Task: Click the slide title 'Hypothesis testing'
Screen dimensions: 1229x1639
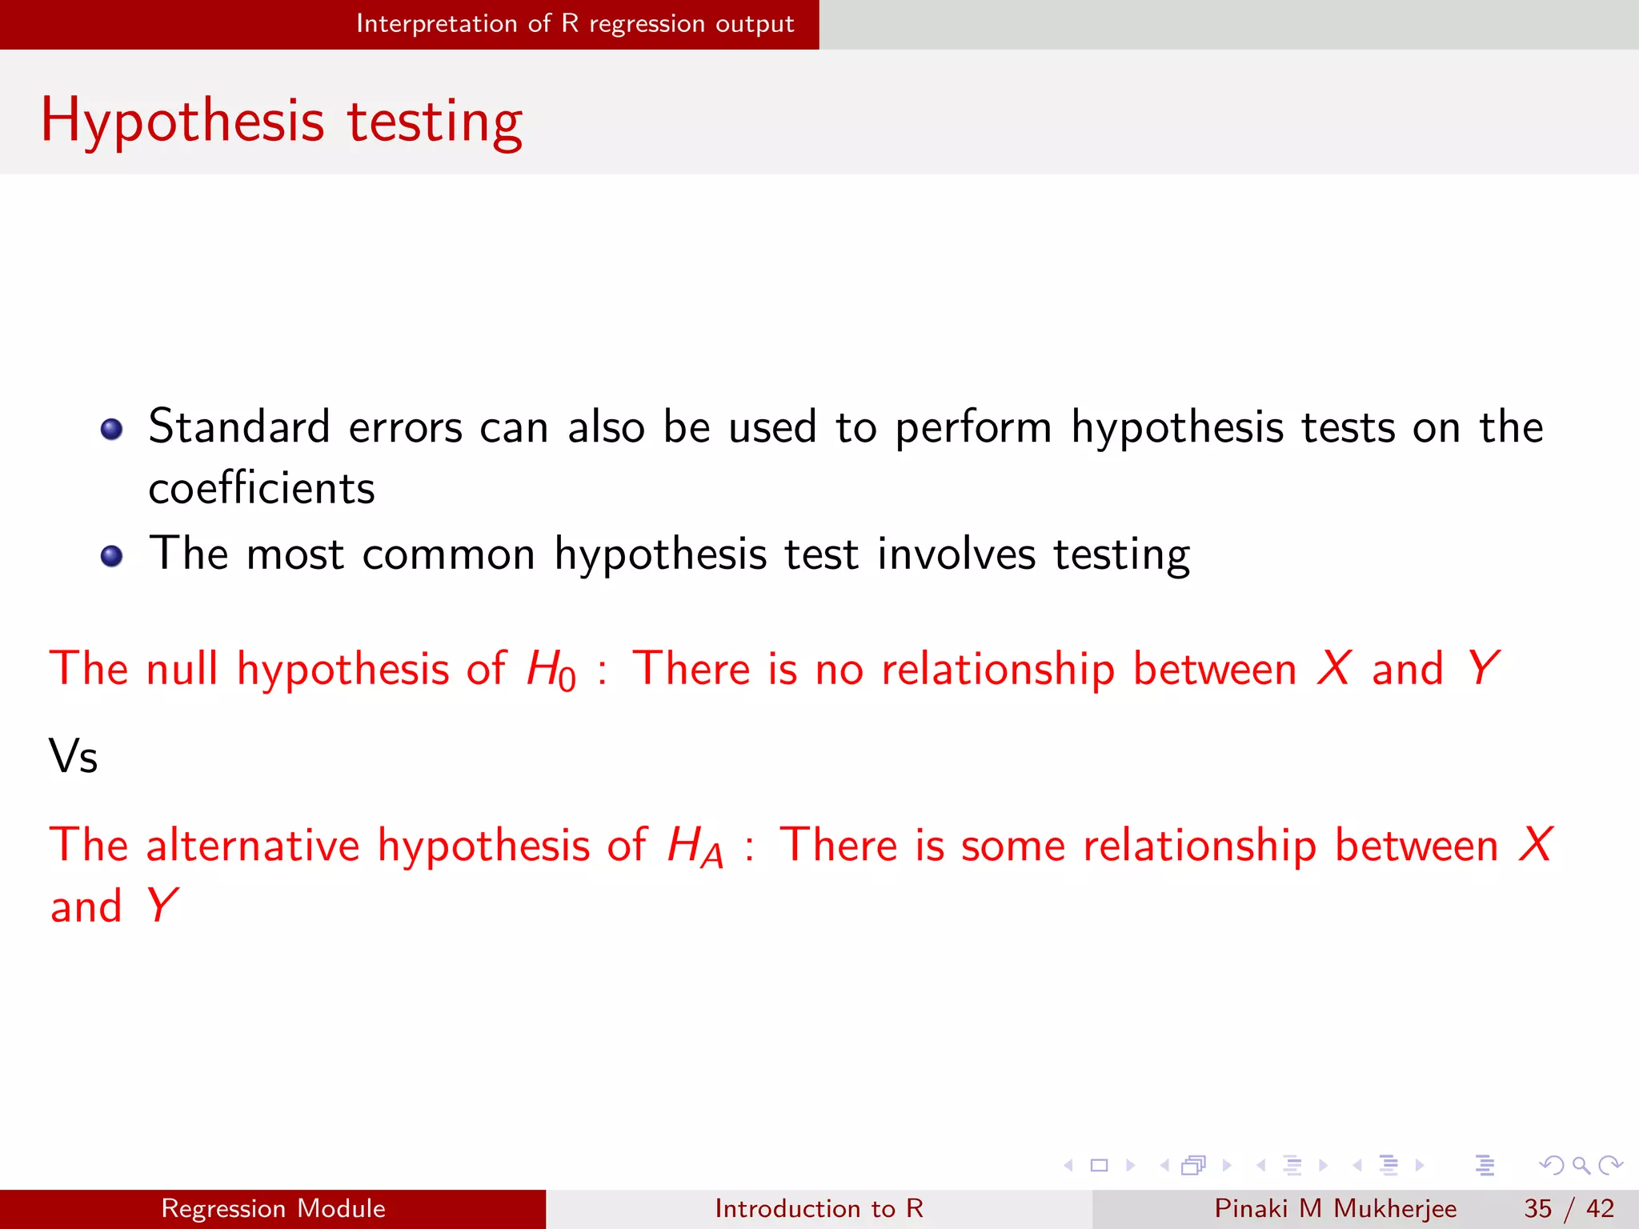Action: [282, 122]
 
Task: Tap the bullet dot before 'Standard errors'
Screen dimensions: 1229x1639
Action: [112, 429]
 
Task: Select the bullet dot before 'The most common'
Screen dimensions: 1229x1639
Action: [112, 555]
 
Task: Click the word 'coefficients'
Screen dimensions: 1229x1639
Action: [262, 489]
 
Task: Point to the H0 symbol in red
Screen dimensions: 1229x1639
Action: [551, 671]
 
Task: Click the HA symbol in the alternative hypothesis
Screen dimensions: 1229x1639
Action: [695, 847]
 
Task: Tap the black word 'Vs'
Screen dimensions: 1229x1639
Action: [73, 756]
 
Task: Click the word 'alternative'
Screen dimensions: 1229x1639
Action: [253, 845]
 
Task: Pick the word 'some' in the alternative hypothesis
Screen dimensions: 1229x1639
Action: [1013, 846]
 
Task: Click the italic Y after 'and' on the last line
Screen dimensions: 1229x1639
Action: [162, 906]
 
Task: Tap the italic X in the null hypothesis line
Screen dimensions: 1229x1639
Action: [1334, 668]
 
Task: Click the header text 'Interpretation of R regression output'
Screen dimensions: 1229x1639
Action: [575, 24]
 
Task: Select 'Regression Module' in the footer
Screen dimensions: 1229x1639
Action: [273, 1208]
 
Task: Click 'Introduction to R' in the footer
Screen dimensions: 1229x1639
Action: [819, 1208]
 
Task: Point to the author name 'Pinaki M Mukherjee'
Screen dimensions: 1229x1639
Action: [1335, 1208]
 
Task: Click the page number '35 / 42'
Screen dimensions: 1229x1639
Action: [1569, 1208]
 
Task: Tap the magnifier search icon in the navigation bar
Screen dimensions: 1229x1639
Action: [1581, 1165]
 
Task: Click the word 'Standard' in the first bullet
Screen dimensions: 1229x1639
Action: [239, 426]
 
